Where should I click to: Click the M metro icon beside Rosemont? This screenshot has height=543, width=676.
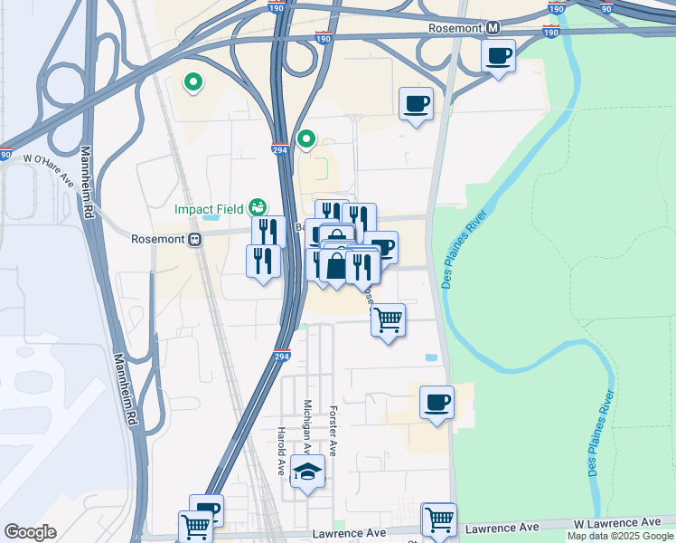coord(493,28)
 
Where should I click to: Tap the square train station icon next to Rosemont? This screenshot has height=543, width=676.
coord(193,239)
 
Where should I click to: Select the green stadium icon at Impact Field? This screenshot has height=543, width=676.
coord(258,208)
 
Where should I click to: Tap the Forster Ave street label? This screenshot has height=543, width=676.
coord(333,430)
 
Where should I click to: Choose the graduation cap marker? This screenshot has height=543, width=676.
coord(308,472)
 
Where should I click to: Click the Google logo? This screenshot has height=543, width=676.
coord(30,532)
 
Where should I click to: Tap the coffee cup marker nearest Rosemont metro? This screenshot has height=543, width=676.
coord(498,56)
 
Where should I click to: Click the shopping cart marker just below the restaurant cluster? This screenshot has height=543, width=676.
coord(388,319)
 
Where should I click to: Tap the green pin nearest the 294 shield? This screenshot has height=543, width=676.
coord(306,139)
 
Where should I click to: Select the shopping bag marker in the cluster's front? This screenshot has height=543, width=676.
coord(335,266)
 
